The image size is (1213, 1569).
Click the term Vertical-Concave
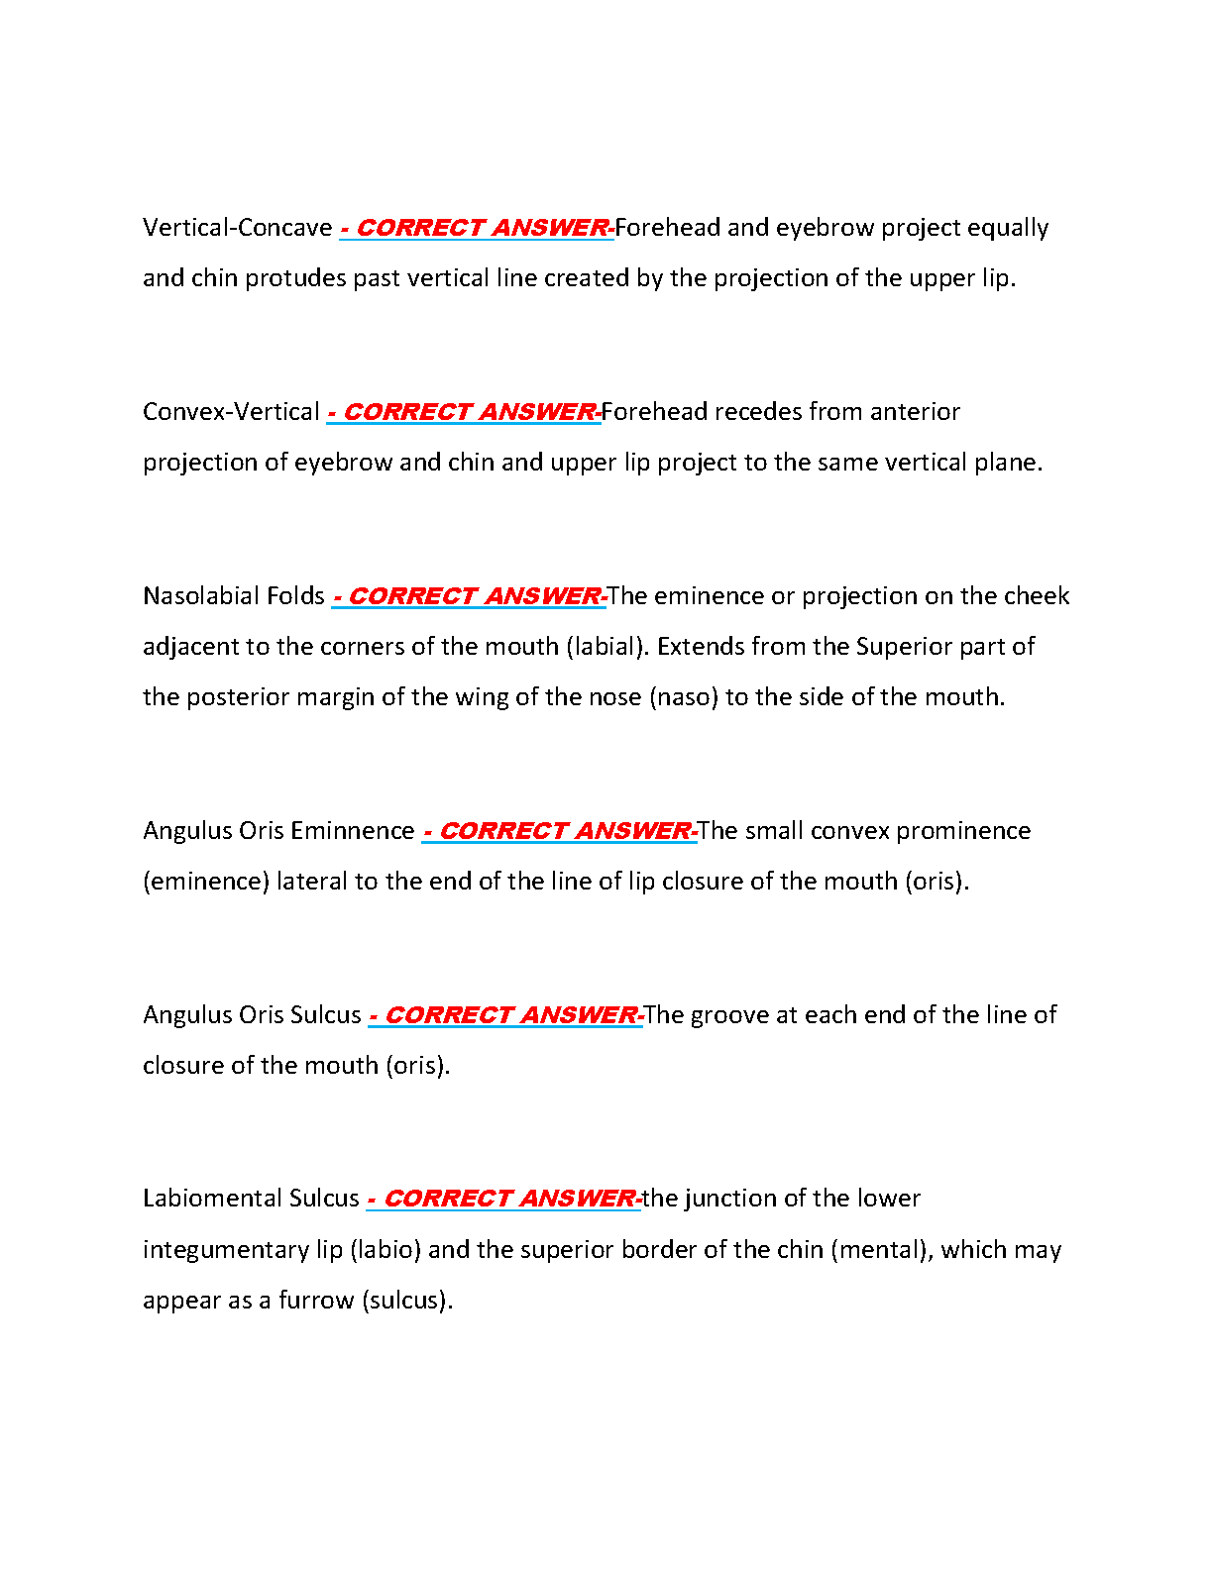click(x=237, y=228)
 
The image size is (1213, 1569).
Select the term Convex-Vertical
click(x=231, y=412)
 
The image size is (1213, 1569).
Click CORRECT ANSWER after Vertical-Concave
click(x=482, y=228)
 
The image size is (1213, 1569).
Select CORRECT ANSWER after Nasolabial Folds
click(x=474, y=596)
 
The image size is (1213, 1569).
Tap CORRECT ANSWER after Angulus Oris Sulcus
click(x=510, y=1015)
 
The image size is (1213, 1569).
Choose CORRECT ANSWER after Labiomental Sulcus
click(x=509, y=1199)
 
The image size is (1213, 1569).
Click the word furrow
click(x=316, y=1301)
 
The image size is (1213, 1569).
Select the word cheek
click(x=1037, y=596)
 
